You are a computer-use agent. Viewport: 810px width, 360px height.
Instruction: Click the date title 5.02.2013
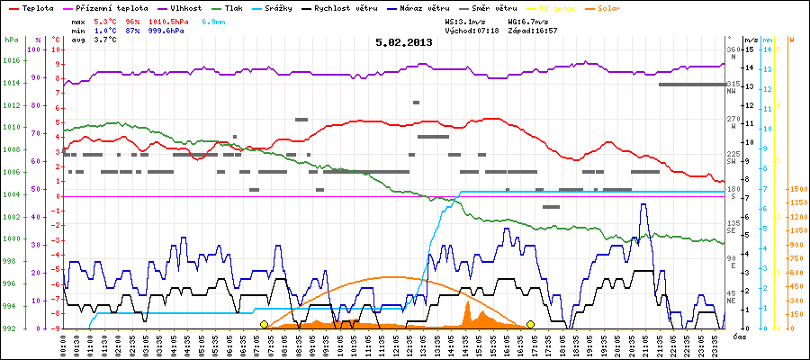(404, 41)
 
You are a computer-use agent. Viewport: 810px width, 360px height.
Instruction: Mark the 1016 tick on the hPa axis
(11, 60)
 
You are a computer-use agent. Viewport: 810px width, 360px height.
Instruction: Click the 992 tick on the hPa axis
(11, 328)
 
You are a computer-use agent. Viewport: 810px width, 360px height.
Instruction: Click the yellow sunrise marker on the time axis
(264, 324)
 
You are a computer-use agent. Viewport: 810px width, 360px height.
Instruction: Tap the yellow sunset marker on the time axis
(531, 324)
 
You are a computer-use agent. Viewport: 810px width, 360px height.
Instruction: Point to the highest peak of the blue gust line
(643, 205)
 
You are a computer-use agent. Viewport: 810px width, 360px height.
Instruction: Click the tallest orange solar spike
(468, 302)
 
